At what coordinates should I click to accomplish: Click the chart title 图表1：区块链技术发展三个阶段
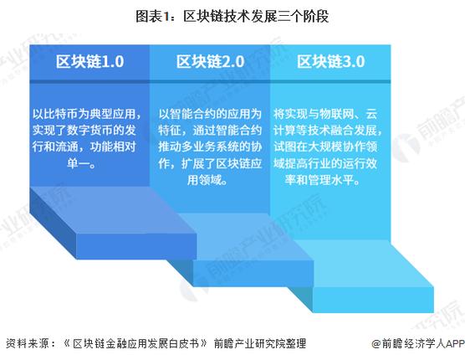[232, 14]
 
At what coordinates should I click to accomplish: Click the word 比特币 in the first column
[66, 115]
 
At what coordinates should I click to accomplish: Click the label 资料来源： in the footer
[27, 343]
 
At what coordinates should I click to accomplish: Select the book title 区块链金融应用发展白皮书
[132, 343]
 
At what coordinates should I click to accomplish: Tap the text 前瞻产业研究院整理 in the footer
[260, 343]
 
